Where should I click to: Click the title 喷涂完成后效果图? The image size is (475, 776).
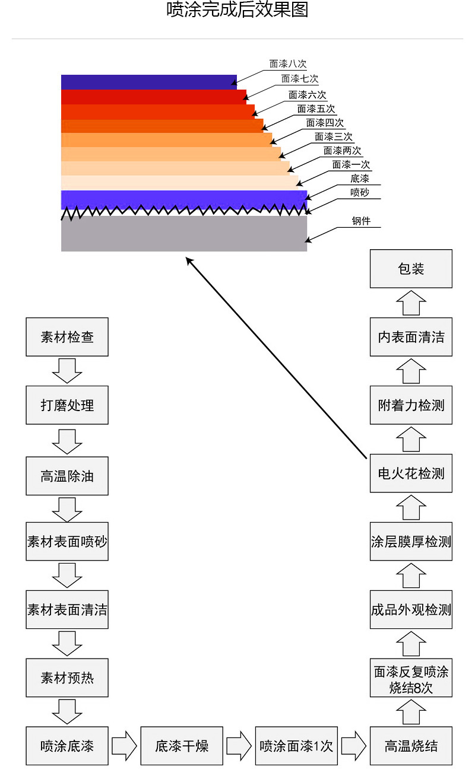237,9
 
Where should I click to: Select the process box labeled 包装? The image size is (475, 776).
411,269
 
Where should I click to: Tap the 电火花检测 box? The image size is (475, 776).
411,473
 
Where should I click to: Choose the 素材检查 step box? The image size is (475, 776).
67,337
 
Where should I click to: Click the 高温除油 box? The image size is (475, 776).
67,476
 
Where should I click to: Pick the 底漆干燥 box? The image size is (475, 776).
182,746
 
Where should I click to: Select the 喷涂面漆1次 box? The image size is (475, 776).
296,746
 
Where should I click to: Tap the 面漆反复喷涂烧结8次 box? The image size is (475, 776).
411,678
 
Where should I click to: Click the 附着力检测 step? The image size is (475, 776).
411,405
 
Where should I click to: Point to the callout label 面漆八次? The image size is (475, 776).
288,64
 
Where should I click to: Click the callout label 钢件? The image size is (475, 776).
361,221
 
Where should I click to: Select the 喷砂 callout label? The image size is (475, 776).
360,192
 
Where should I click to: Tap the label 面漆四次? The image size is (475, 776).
325,123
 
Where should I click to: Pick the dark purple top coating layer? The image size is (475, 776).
149,82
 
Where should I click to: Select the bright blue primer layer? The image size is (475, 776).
183,199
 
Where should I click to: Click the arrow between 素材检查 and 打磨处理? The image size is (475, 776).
67,371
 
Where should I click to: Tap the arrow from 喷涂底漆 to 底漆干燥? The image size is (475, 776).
124,746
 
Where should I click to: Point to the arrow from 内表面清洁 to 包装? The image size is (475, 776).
411,303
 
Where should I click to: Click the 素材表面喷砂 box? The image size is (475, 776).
67,541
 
